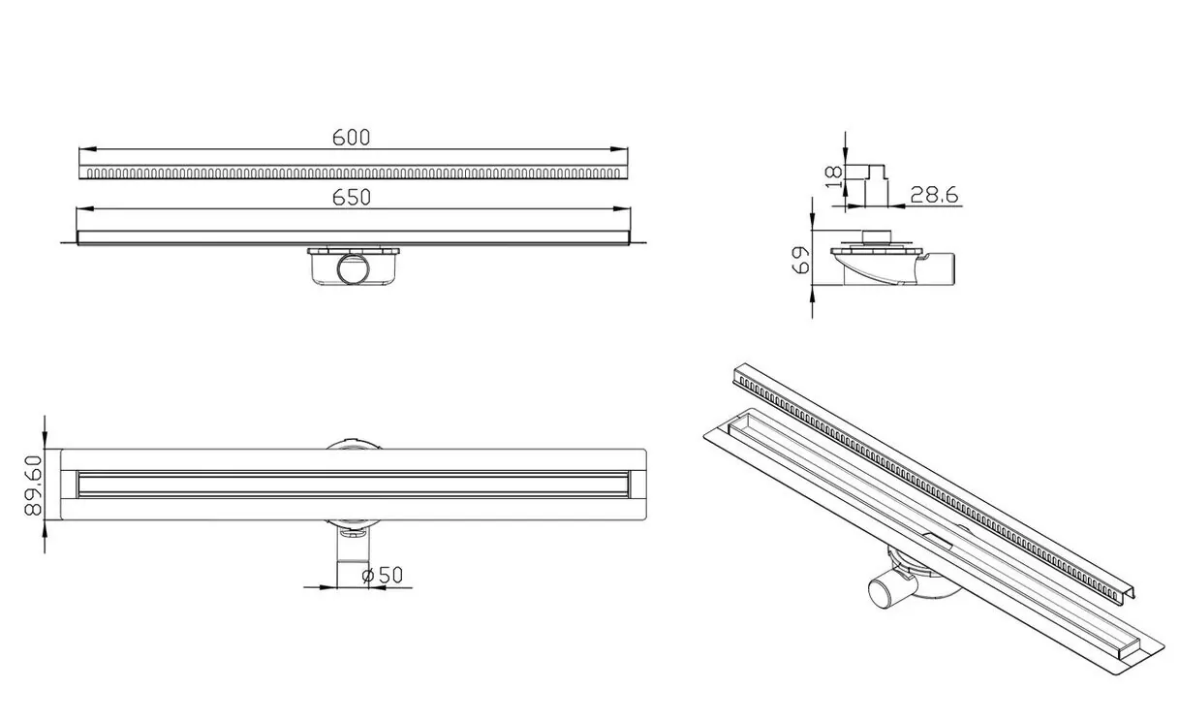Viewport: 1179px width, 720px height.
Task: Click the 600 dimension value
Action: (351, 138)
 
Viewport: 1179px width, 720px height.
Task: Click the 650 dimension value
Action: (351, 198)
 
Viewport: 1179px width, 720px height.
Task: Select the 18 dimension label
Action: (834, 177)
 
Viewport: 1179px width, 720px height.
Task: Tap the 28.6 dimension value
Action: (934, 196)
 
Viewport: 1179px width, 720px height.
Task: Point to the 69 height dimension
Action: (800, 260)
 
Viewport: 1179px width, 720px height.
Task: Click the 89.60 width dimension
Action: (33, 485)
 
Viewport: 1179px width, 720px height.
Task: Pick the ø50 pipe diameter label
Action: (383, 576)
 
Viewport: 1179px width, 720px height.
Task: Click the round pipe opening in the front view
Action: (354, 269)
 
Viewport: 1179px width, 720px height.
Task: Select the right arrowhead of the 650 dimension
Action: (622, 209)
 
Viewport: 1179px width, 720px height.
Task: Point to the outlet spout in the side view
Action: (935, 269)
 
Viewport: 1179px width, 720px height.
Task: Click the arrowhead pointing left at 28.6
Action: (897, 205)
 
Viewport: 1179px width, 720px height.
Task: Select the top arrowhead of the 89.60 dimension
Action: (45, 441)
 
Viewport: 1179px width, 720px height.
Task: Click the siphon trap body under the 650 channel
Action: (354, 266)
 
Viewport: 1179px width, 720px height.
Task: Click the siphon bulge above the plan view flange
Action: (354, 443)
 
